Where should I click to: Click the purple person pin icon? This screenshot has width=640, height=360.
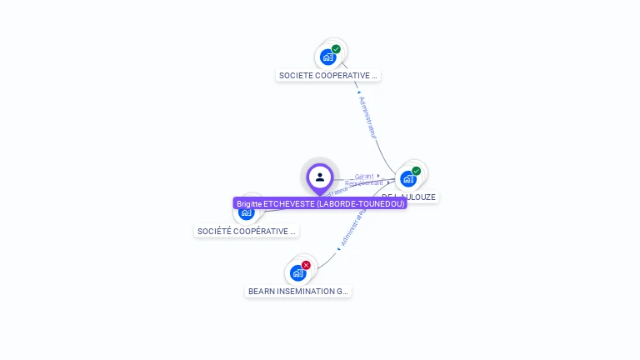[x=320, y=177]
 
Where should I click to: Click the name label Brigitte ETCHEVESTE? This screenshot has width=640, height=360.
[x=320, y=203]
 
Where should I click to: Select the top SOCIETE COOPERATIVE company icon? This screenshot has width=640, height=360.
[x=327, y=57]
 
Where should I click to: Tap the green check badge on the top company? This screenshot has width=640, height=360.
[x=336, y=49]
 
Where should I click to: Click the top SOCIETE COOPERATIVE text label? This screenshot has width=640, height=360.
[x=328, y=76]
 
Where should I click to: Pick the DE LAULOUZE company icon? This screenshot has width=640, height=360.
[x=407, y=179]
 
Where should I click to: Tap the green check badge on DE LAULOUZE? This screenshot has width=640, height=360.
[x=416, y=171]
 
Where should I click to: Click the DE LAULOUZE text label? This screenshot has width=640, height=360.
[x=421, y=197]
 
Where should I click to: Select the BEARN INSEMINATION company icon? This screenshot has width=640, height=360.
[x=297, y=273]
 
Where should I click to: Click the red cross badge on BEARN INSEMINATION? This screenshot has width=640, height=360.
[x=306, y=265]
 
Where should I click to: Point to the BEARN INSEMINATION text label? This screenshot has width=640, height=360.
[x=298, y=292]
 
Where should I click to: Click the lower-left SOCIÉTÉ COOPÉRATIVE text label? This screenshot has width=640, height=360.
[x=247, y=231]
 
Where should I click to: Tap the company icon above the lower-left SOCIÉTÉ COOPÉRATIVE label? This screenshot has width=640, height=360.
[x=246, y=213]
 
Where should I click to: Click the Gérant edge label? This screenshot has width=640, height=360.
[x=363, y=177]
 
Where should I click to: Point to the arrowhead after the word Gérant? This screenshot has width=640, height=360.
[x=378, y=176]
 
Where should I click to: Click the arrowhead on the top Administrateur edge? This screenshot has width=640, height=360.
[x=347, y=92]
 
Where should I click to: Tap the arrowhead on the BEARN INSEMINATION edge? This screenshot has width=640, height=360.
[x=339, y=248]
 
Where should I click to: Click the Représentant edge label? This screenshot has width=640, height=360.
[x=364, y=183]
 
